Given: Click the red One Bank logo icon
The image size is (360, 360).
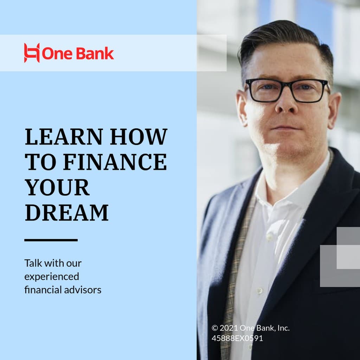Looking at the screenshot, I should [32, 53].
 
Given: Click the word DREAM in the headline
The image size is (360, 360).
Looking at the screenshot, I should [66, 212].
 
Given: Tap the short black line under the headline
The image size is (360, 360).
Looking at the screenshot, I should [51, 240].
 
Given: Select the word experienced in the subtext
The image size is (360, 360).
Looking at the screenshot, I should [52, 277].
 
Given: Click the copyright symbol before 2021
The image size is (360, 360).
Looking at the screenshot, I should [215, 328].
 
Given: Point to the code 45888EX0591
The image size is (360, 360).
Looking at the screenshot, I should [237, 339].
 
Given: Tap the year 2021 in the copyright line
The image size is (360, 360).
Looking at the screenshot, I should [229, 328].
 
